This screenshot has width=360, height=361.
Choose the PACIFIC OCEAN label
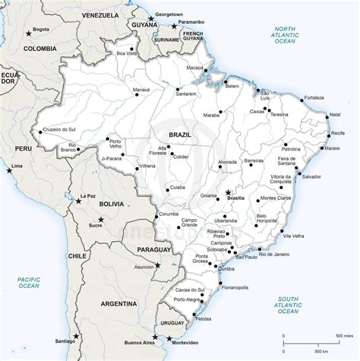28,283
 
